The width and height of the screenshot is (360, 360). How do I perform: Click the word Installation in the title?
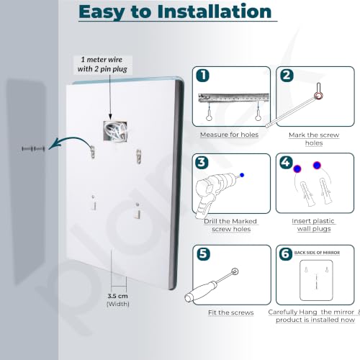[215, 12]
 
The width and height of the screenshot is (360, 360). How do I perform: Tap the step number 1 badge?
[202, 76]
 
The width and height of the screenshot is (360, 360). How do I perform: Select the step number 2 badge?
[287, 76]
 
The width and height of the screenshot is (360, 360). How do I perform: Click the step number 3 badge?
[202, 162]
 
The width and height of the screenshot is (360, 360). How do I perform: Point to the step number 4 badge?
[286, 162]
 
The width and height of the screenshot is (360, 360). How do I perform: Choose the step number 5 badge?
[203, 254]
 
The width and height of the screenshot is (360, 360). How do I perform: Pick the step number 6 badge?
[286, 254]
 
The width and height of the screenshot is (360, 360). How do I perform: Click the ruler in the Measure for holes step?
[233, 98]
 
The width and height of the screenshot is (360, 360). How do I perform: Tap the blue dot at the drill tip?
[242, 175]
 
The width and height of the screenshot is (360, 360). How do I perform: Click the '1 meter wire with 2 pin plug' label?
[102, 64]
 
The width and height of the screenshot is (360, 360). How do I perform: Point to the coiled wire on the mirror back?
[115, 131]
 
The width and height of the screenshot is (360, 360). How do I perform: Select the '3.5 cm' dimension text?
[117, 296]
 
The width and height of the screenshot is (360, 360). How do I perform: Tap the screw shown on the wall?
[33, 149]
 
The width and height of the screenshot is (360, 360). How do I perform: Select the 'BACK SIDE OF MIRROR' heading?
[317, 253]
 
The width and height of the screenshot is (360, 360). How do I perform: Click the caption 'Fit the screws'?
[231, 312]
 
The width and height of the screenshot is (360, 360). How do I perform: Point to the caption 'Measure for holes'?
[229, 135]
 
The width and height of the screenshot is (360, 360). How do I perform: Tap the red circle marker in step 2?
[319, 96]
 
